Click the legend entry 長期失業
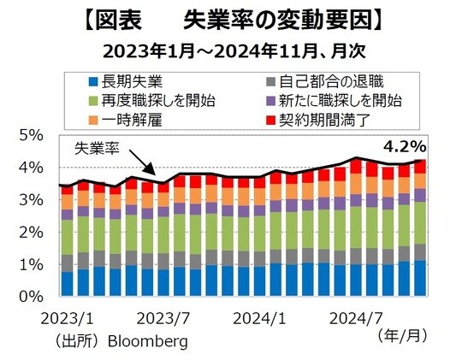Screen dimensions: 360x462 click(x=129, y=82)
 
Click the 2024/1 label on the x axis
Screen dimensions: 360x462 click(x=255, y=318)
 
